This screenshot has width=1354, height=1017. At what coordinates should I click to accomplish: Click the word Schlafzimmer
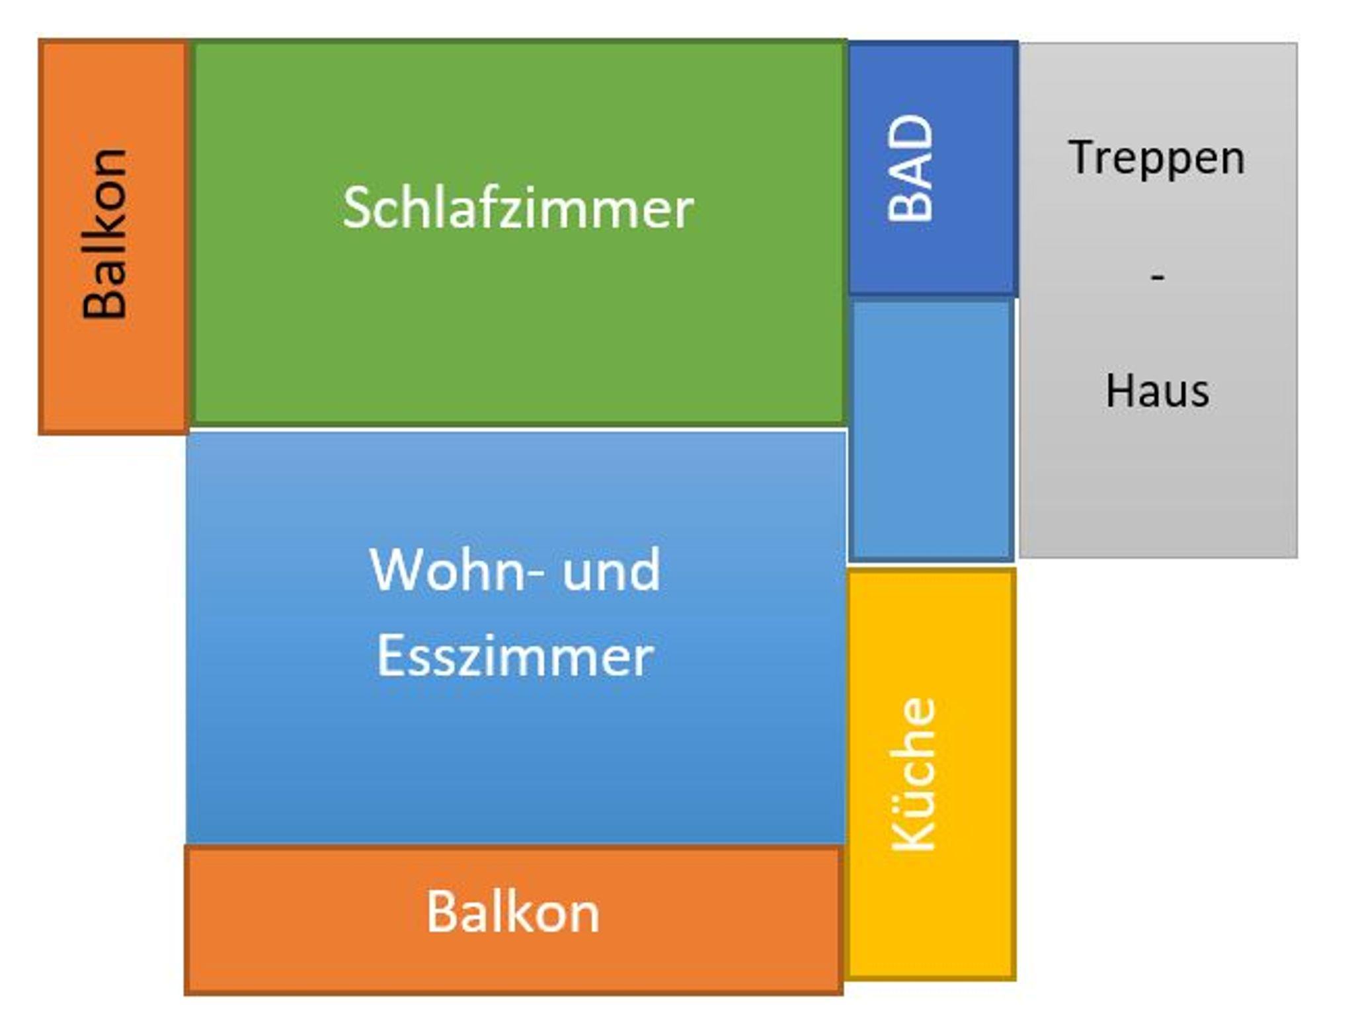pos(518,208)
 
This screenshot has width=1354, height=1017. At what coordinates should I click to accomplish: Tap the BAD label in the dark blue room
pos(910,168)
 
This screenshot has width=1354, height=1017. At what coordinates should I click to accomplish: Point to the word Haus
pos(1157,391)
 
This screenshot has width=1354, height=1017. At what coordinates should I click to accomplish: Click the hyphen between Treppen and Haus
pos(1157,276)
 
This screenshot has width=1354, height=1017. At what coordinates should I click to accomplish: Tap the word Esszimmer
pos(515,656)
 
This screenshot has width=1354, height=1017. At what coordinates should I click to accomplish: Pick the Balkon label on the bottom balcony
pos(513,913)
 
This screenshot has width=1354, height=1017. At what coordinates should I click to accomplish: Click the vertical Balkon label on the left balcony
pos(104,234)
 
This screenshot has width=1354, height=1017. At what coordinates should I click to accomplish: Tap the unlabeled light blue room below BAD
pos(931,430)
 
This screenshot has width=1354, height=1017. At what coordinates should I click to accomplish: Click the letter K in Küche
pos(914,836)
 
